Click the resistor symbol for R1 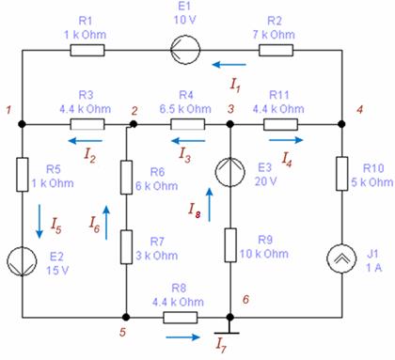point(87,50)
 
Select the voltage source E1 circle point(185,50)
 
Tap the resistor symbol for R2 point(276,50)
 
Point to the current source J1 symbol point(341,258)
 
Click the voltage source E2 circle point(22,261)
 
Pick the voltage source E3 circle point(230,172)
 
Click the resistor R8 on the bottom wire point(181,318)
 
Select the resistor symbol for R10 point(341,174)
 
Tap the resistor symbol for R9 point(230,245)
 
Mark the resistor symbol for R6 point(126,178)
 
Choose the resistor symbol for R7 point(126,247)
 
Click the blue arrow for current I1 point(229,65)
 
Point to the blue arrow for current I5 point(39,222)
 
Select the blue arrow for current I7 point(182,337)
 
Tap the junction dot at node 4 point(341,124)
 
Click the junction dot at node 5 point(126,318)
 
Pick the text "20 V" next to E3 point(265,181)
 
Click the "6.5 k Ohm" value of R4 point(185,109)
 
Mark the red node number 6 point(245,299)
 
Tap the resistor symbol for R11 point(280,124)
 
